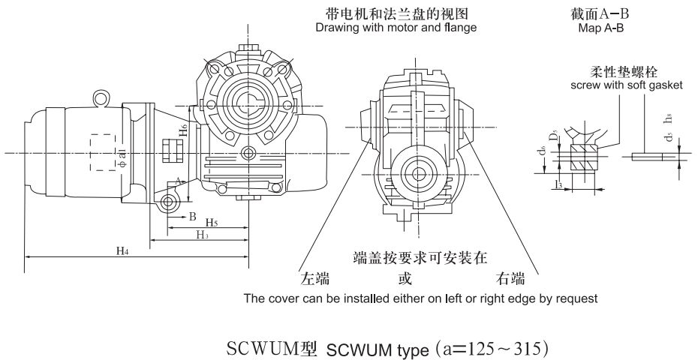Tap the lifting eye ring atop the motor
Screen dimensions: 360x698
click(x=99, y=97)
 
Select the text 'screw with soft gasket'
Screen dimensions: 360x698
click(x=626, y=85)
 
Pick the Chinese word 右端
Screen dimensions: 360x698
click(x=510, y=280)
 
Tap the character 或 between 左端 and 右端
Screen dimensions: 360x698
click(x=405, y=280)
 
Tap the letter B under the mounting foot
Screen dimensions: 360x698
click(x=192, y=217)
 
